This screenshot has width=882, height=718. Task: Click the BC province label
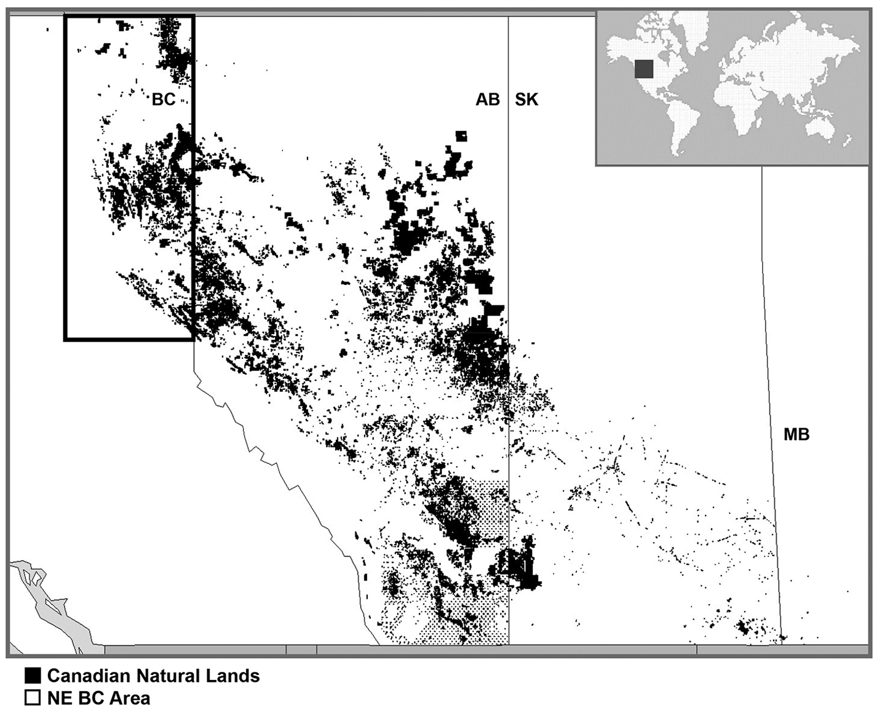pos(164,99)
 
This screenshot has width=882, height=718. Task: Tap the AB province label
pos(488,99)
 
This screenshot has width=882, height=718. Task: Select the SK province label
pos(526,99)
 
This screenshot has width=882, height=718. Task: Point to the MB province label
pos(797,435)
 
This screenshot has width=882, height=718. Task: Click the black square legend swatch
pos(33,676)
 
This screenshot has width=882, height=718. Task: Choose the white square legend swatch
pos(33,698)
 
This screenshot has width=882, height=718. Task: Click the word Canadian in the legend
pos(89,676)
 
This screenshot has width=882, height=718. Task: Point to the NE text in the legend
pos(59,698)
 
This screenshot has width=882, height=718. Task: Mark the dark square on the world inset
pos(643,69)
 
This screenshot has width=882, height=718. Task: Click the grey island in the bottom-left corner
pos(55,609)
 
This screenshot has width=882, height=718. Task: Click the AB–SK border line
pos(509,246)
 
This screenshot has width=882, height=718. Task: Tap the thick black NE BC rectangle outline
pos(65,185)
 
